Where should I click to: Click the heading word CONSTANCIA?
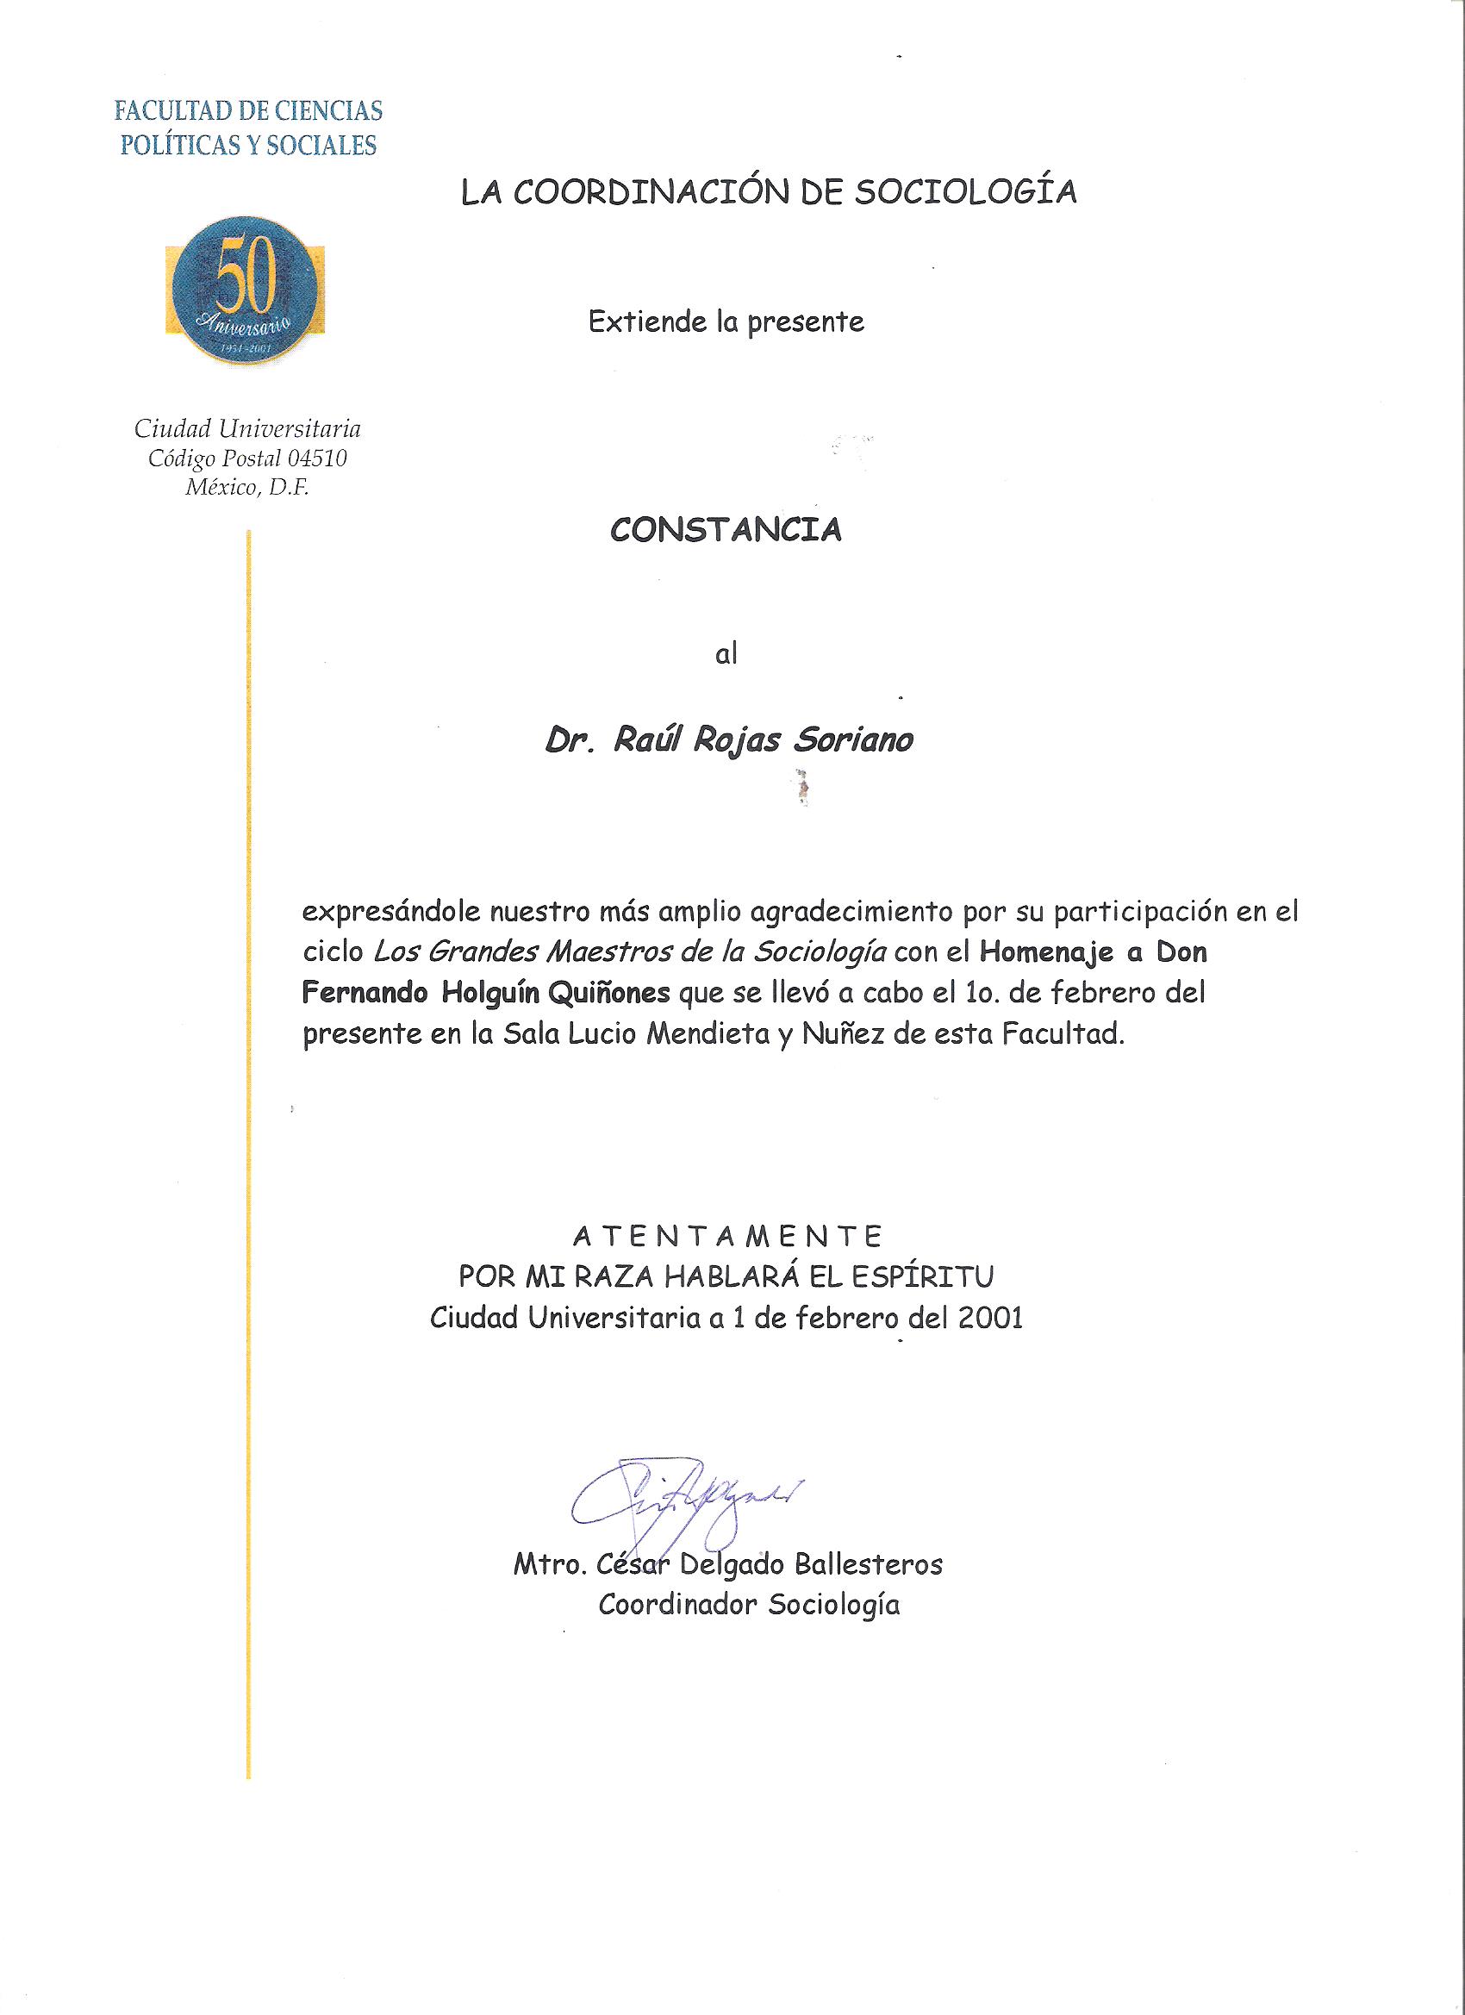click(x=725, y=530)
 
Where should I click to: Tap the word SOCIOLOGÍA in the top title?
click(x=966, y=192)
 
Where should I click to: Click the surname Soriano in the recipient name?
click(x=853, y=740)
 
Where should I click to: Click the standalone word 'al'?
click(x=726, y=655)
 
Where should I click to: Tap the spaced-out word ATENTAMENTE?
click(x=726, y=1236)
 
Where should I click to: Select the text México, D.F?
click(x=247, y=488)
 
